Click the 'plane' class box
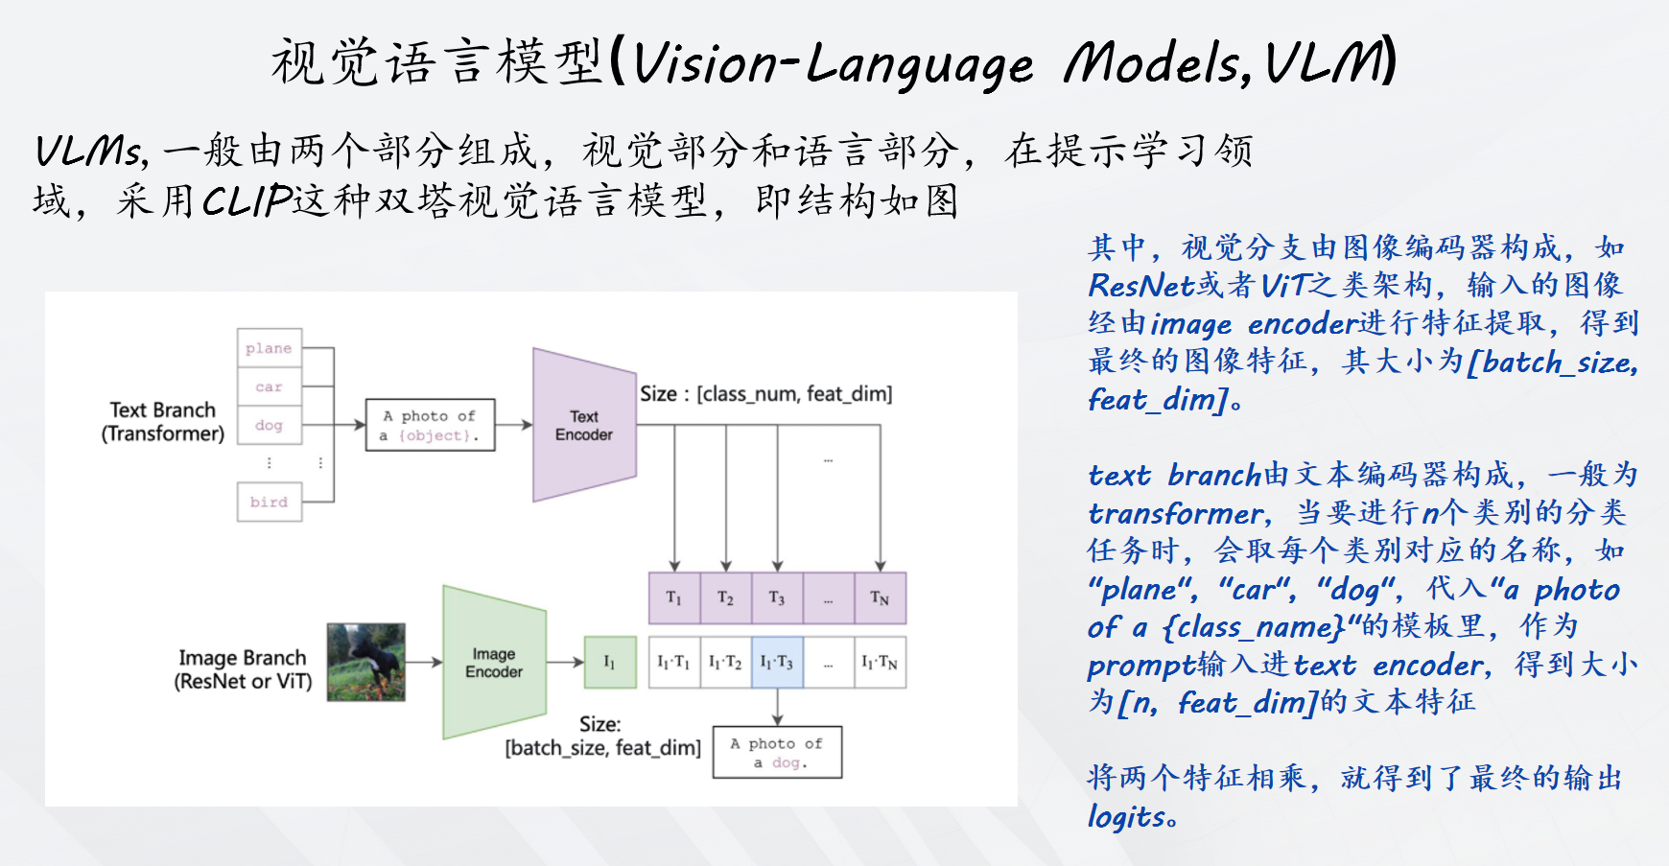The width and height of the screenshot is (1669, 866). (x=270, y=348)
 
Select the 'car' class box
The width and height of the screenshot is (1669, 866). (x=270, y=386)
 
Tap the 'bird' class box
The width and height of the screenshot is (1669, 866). (x=270, y=502)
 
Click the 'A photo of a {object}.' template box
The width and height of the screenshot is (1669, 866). (x=430, y=425)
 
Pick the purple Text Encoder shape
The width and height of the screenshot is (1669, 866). (x=583, y=425)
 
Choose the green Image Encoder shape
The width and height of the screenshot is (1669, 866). (x=494, y=663)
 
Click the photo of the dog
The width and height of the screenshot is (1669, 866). (x=365, y=662)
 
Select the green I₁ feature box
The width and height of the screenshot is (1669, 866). (x=610, y=662)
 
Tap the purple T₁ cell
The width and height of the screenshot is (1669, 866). (x=674, y=598)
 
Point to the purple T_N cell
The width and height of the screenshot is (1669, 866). (x=880, y=598)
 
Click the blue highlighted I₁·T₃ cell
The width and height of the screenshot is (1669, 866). (x=777, y=662)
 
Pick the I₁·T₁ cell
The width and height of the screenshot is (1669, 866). (x=674, y=662)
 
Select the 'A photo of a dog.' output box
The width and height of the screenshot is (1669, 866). (x=777, y=753)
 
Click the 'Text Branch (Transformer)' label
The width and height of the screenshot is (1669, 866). (x=163, y=422)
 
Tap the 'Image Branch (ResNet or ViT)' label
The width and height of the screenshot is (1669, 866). (x=243, y=669)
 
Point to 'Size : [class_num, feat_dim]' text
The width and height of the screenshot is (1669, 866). (x=765, y=394)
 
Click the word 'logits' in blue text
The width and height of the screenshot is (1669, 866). (x=1126, y=817)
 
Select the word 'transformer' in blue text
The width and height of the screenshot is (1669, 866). (x=1175, y=514)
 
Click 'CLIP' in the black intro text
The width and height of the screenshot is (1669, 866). (x=247, y=201)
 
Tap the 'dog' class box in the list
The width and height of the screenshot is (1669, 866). (x=270, y=425)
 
